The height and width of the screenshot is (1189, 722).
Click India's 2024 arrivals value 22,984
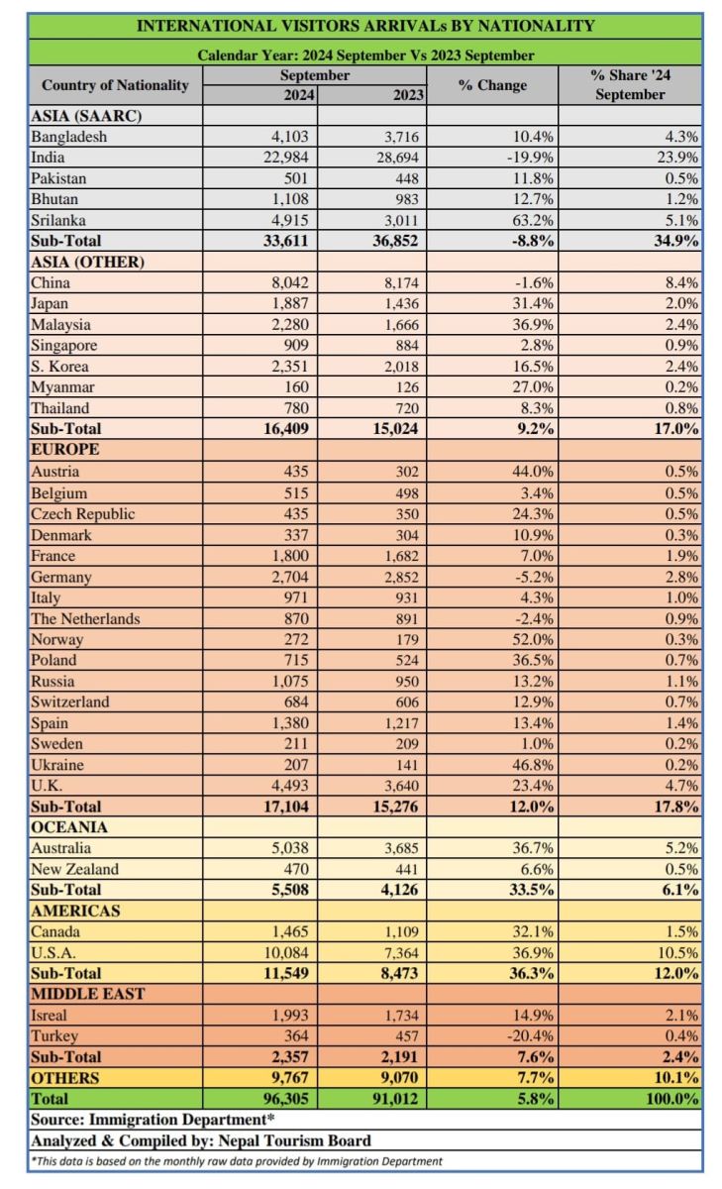[286, 158]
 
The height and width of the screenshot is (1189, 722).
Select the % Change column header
[492, 85]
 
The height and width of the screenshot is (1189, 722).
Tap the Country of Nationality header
[115, 85]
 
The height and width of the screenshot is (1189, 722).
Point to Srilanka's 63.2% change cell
[533, 220]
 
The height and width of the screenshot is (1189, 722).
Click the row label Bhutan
[54, 199]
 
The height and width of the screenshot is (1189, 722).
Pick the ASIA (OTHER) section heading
[87, 263]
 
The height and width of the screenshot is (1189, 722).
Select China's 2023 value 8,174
[401, 283]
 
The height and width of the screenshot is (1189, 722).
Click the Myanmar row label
[62, 387]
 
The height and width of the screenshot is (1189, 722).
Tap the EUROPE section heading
[64, 450]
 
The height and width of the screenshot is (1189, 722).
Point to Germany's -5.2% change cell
[534, 577]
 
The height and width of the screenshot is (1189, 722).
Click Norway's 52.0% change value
[533, 640]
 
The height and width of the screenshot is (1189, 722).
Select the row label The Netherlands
[85, 619]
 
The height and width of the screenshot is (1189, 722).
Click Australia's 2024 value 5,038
[290, 848]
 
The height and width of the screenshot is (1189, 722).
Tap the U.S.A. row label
[53, 953]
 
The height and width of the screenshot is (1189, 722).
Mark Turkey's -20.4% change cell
[530, 1036]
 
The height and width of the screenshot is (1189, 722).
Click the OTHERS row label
[64, 1078]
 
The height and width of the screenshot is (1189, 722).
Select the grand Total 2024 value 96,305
[286, 1099]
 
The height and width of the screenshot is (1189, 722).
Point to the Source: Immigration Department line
[153, 1120]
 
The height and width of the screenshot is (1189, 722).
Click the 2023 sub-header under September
[408, 95]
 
